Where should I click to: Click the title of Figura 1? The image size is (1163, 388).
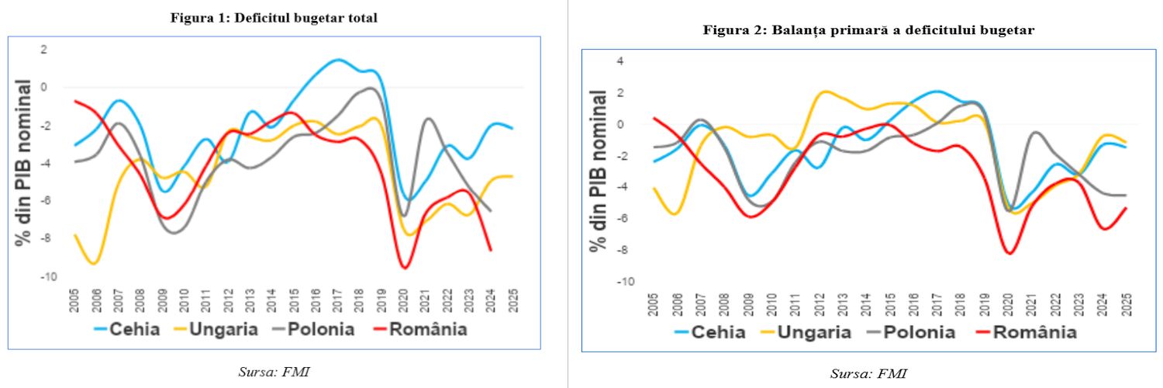coord(274,18)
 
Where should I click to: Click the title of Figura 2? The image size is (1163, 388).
coord(868,30)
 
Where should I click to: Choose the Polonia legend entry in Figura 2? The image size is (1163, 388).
coord(916,332)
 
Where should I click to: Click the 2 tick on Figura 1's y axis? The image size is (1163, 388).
coord(44,50)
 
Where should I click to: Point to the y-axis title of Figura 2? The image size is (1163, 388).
coord(599,170)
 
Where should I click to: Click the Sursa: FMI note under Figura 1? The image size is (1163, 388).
coord(274,372)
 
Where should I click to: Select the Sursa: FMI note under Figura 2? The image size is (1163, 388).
coord(868,374)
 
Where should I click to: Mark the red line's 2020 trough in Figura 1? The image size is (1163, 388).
coord(405,268)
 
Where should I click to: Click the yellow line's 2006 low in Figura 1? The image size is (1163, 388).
coord(93,264)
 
